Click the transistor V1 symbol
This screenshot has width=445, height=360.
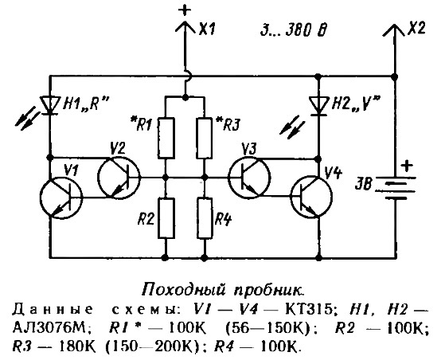pos(61,198)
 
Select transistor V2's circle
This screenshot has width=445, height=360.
pos(119,177)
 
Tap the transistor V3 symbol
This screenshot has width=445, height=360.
pos(250,177)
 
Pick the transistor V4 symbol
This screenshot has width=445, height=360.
pos(311,197)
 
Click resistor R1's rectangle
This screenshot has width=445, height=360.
pos(166,138)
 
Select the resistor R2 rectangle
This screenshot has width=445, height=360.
pos(166,218)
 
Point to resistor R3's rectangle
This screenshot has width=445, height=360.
pos(205,138)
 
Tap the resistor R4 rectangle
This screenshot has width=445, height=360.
pos(205,218)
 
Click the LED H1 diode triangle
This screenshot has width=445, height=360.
pos(50,105)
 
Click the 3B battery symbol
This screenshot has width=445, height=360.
pos(396,188)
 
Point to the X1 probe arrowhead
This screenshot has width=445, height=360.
pos(185,27)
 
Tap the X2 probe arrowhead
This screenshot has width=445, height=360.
pos(394,30)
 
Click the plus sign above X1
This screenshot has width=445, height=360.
pos(185,11)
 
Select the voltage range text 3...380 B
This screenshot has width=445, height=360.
pos(294,29)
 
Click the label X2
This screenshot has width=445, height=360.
pos(416,29)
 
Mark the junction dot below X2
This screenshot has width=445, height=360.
pos(394,76)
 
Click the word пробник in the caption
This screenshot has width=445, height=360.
pos(268,291)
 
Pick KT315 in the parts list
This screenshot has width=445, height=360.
pos(308,310)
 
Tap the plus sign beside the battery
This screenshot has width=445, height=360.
pos(407,166)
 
